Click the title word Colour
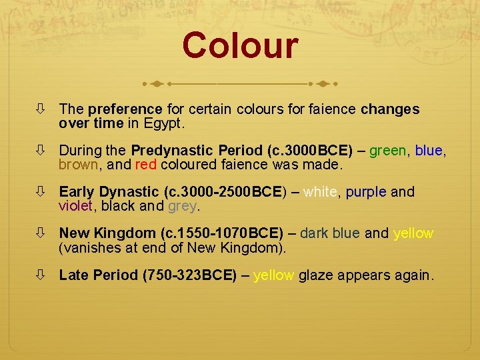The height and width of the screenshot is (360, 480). point(240,46)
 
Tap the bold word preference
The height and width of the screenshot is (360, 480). point(125,109)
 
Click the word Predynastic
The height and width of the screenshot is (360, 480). point(170,150)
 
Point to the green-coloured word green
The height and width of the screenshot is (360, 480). point(387,150)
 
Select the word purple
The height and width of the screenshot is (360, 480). point(366,192)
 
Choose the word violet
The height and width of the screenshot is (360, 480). point(75,206)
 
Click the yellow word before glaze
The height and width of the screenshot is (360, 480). point(273,275)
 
